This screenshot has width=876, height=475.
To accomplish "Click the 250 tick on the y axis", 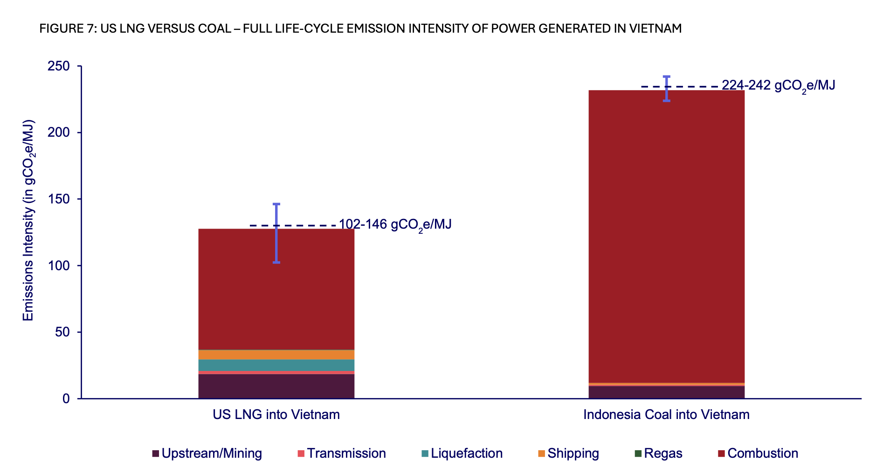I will click(59, 66).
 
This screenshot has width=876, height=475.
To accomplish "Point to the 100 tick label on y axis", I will click(59, 266).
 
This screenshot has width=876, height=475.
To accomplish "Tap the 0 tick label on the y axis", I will click(66, 399).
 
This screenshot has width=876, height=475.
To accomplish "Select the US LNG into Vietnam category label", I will click(276, 415).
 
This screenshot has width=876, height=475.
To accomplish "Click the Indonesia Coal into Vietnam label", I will click(666, 415).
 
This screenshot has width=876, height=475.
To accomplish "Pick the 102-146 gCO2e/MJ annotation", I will click(395, 225).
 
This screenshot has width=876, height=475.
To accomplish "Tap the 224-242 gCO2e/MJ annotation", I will click(778, 86).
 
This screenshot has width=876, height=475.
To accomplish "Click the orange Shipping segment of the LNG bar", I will click(276, 355).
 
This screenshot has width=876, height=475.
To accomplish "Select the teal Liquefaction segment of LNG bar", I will click(276, 365).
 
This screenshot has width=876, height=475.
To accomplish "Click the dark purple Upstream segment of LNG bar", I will click(276, 386).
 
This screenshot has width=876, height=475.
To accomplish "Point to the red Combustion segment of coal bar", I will click(666, 233).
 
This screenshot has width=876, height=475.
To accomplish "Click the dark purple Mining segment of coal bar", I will click(666, 392).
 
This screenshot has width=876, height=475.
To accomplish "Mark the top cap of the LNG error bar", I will click(276, 204).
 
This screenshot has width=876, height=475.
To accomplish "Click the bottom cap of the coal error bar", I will click(666, 101).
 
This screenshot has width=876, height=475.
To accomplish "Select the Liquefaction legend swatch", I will click(425, 454).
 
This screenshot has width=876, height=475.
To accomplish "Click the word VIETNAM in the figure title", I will click(655, 28).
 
